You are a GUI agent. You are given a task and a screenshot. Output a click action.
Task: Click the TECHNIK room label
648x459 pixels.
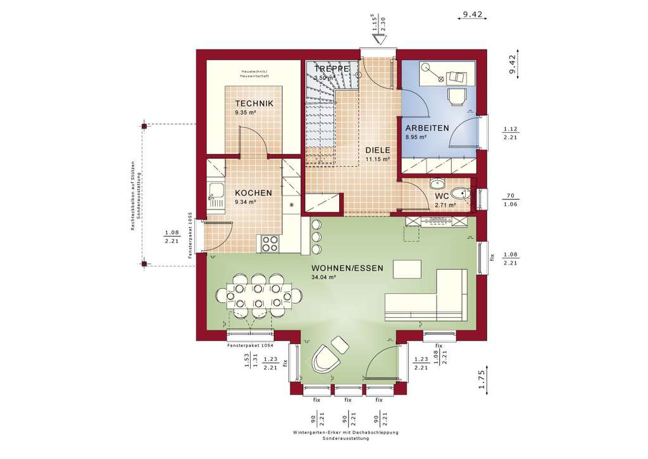click(x=254, y=103)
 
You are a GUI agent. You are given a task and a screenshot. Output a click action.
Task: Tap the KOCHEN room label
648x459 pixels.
click(x=253, y=193)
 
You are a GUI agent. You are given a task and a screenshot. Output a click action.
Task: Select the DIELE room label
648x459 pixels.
click(x=377, y=150)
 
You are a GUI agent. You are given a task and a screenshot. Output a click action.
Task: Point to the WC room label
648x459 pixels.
click(x=441, y=196)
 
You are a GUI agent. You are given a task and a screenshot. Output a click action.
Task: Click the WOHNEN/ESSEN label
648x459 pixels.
click(x=347, y=268)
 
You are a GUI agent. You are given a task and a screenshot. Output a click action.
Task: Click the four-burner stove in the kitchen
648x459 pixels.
click(x=268, y=243)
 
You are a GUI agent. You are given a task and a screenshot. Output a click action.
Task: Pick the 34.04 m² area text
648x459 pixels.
click(x=323, y=277)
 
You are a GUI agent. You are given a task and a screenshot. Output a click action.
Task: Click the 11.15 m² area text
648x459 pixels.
click(x=377, y=160)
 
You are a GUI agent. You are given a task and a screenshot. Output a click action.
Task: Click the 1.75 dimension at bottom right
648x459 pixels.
click(x=482, y=378)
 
